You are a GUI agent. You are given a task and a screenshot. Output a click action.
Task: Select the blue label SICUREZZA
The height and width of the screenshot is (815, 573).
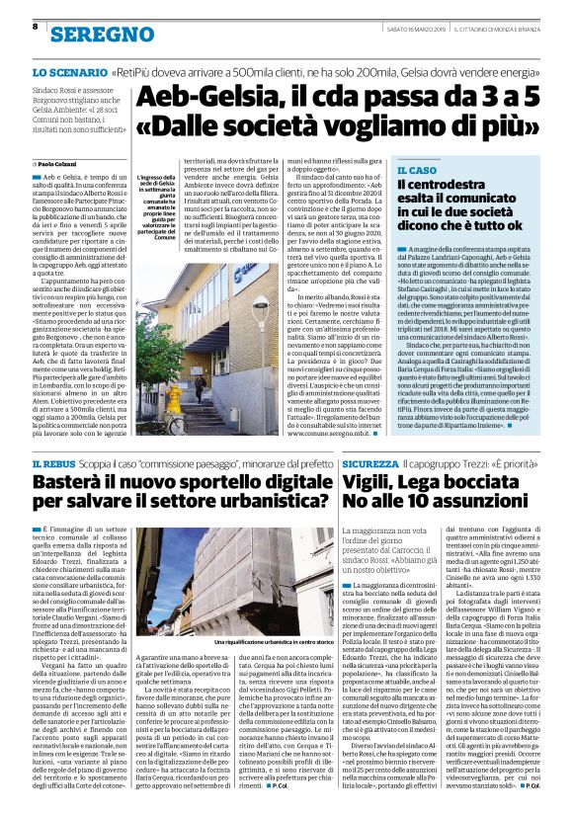pos(375,462)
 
